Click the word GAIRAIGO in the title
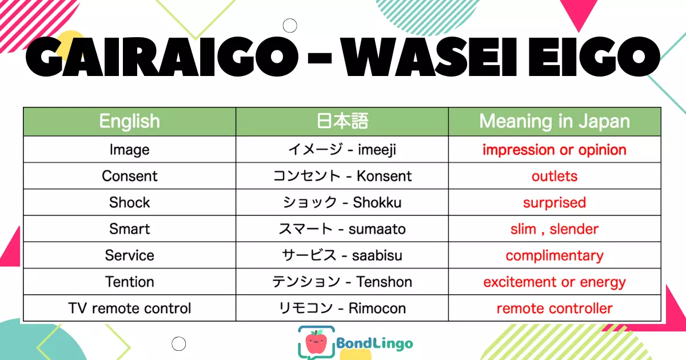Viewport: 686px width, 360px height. [162, 57]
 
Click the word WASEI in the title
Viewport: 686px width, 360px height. [429, 57]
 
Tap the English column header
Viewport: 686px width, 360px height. [130, 122]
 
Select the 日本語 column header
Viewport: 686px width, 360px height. [342, 121]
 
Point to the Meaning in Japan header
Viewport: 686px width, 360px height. [555, 122]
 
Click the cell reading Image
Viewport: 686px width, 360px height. [130, 150]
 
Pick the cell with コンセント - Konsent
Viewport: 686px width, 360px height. [342, 176]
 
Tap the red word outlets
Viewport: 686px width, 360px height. [555, 176]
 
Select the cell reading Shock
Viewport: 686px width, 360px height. [130, 202]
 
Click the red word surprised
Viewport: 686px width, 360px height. [555, 203]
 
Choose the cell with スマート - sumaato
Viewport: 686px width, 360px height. [342, 229]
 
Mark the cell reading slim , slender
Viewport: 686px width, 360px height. [555, 229]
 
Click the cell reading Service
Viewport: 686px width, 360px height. [130, 255]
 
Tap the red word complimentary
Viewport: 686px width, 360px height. [555, 255]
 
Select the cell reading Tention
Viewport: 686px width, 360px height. [130, 282]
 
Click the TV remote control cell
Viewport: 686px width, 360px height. [130, 308]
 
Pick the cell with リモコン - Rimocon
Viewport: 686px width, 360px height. [342, 308]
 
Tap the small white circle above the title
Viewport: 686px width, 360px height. [290, 25]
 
